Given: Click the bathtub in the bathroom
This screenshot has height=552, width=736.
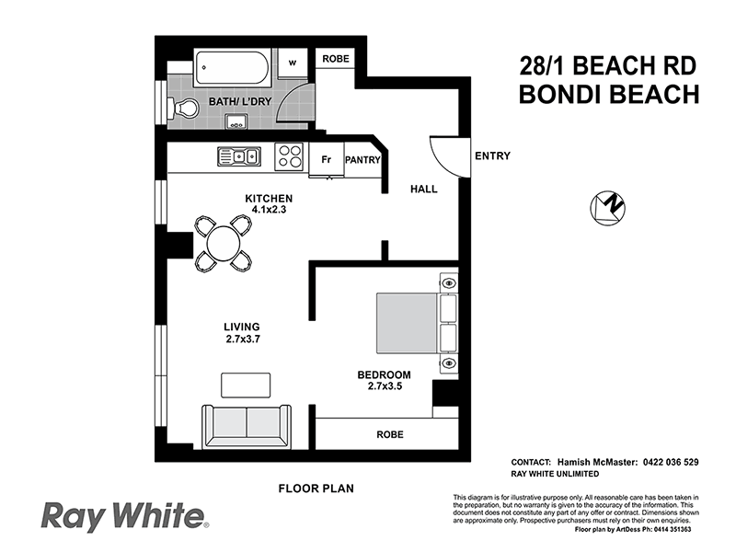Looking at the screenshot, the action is point(232,68).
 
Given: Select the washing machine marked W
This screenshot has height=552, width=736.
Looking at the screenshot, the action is point(293,63).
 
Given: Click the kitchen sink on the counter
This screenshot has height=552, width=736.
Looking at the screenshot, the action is point(239,156).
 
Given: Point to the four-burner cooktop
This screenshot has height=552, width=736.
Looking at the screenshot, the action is point(289,156).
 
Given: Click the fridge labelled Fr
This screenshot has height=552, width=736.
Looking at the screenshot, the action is point(327,159).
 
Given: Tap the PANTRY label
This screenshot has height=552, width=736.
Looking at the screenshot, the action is point(362,160).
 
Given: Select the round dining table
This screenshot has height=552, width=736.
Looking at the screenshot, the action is point(224,243).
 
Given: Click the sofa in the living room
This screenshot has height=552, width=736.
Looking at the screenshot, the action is point(247,426).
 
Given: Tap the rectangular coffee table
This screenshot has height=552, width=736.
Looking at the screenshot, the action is point(246,385).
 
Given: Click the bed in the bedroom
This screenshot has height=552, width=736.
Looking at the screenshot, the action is point(417,323).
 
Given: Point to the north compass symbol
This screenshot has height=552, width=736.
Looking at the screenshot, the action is point(607,208).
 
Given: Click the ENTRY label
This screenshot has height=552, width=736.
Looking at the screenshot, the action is point(492,155).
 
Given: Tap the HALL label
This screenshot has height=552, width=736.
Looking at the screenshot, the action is point(424,190).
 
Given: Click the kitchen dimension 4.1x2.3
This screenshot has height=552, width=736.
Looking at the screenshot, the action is point(269,210).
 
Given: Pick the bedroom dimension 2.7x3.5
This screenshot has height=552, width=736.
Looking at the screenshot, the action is point(385,386).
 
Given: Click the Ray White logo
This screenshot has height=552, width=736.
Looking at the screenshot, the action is point(125,517).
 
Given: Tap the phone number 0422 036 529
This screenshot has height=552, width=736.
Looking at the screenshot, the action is point(671,463).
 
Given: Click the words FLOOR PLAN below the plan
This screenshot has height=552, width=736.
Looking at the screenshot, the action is point(316,489).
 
